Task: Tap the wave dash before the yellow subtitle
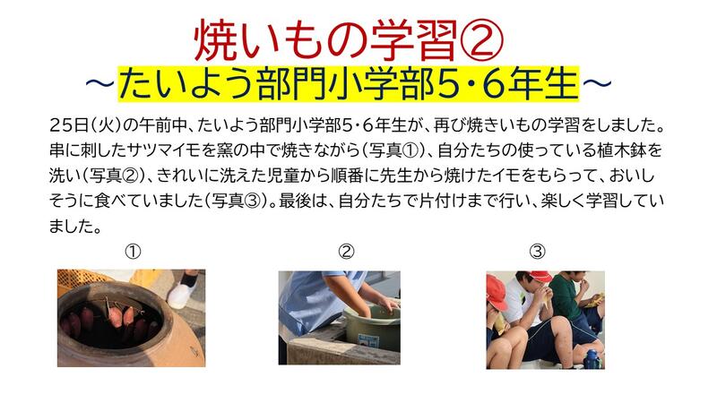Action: click(99, 83)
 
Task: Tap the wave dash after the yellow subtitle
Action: click(597, 83)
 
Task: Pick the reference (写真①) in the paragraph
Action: click(393, 150)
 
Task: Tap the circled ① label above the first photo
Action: click(133, 252)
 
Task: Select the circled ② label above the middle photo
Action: click(346, 252)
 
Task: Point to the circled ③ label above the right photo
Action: click(537, 252)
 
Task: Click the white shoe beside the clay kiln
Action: click(184, 289)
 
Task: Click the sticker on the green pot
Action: click(368, 340)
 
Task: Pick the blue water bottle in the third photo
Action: click(592, 359)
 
